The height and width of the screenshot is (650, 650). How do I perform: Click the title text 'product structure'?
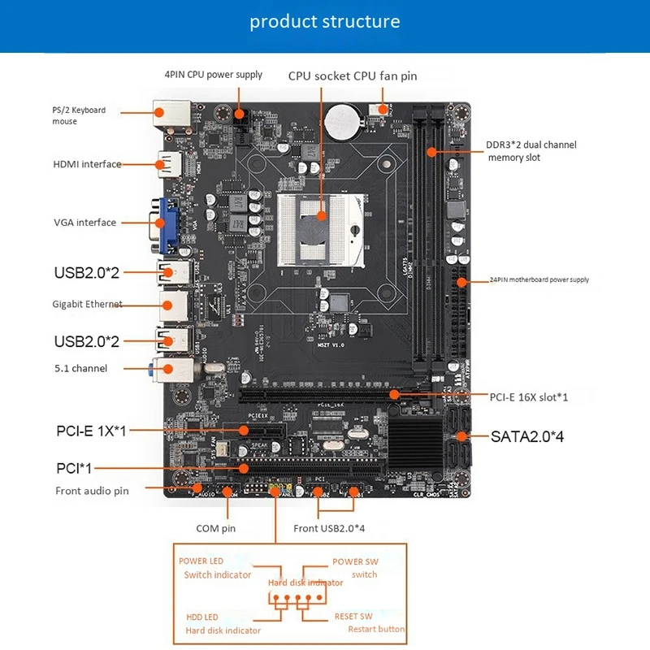point(324,21)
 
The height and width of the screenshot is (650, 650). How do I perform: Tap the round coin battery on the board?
point(341,122)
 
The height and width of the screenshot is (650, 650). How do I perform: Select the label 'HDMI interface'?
point(87,164)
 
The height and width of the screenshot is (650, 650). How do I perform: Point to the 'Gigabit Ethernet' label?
point(87,305)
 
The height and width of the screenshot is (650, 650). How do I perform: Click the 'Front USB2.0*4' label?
point(329,528)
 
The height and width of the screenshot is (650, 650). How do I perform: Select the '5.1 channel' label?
point(80,369)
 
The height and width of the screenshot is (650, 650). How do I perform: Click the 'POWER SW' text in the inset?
point(355,561)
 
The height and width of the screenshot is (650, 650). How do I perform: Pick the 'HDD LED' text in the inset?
point(201,617)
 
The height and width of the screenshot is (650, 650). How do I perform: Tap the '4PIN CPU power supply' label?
point(214,75)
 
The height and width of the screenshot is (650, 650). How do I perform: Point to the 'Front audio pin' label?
point(92,491)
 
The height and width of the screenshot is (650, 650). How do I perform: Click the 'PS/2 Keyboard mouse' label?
point(80,115)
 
